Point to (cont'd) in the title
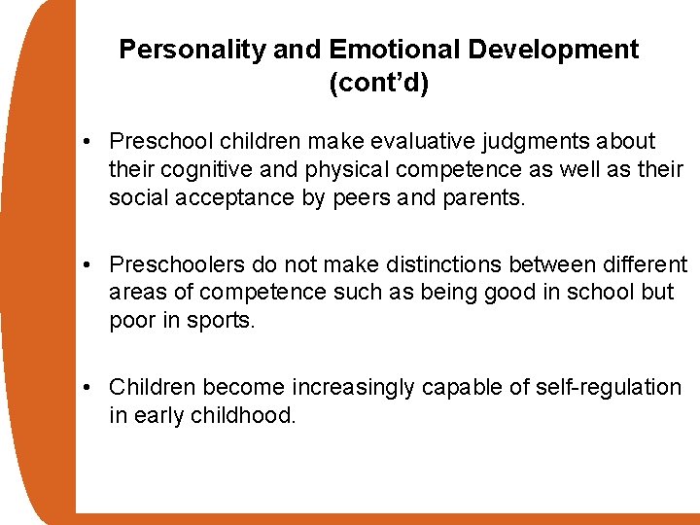(x=378, y=84)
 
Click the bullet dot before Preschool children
(x=87, y=142)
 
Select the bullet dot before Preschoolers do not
(x=87, y=265)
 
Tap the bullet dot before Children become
(x=87, y=388)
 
